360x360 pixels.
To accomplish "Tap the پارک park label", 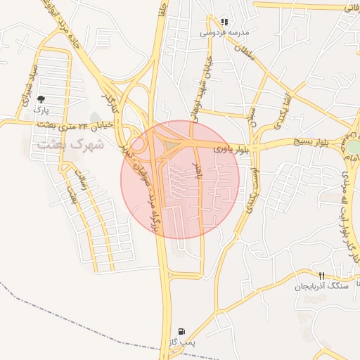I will (43, 111).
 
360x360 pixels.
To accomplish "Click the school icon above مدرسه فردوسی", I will (224, 22).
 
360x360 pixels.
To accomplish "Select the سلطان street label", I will (242, 51).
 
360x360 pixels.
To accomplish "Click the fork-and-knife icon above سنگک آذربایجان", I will (321, 276).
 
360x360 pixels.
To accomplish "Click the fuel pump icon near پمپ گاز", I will (183, 330).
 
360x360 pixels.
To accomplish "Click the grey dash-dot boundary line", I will (70, 309).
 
